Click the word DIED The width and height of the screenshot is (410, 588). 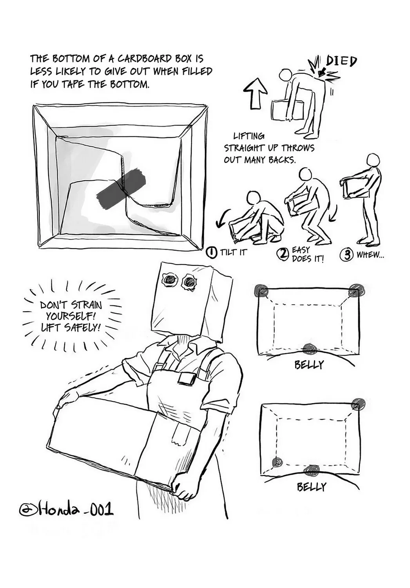tap(341, 62)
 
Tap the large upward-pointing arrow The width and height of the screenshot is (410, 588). tap(255, 93)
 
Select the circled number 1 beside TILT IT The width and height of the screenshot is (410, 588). tap(212, 253)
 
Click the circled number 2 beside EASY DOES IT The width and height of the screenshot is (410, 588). tap(282, 254)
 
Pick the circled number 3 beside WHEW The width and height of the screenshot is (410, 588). tap(346, 255)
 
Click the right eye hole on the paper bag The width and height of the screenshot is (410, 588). tap(189, 282)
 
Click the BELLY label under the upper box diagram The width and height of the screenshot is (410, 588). tap(309, 365)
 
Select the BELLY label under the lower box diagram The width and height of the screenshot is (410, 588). tap(311, 487)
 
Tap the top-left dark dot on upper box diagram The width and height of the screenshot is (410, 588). tap(262, 290)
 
